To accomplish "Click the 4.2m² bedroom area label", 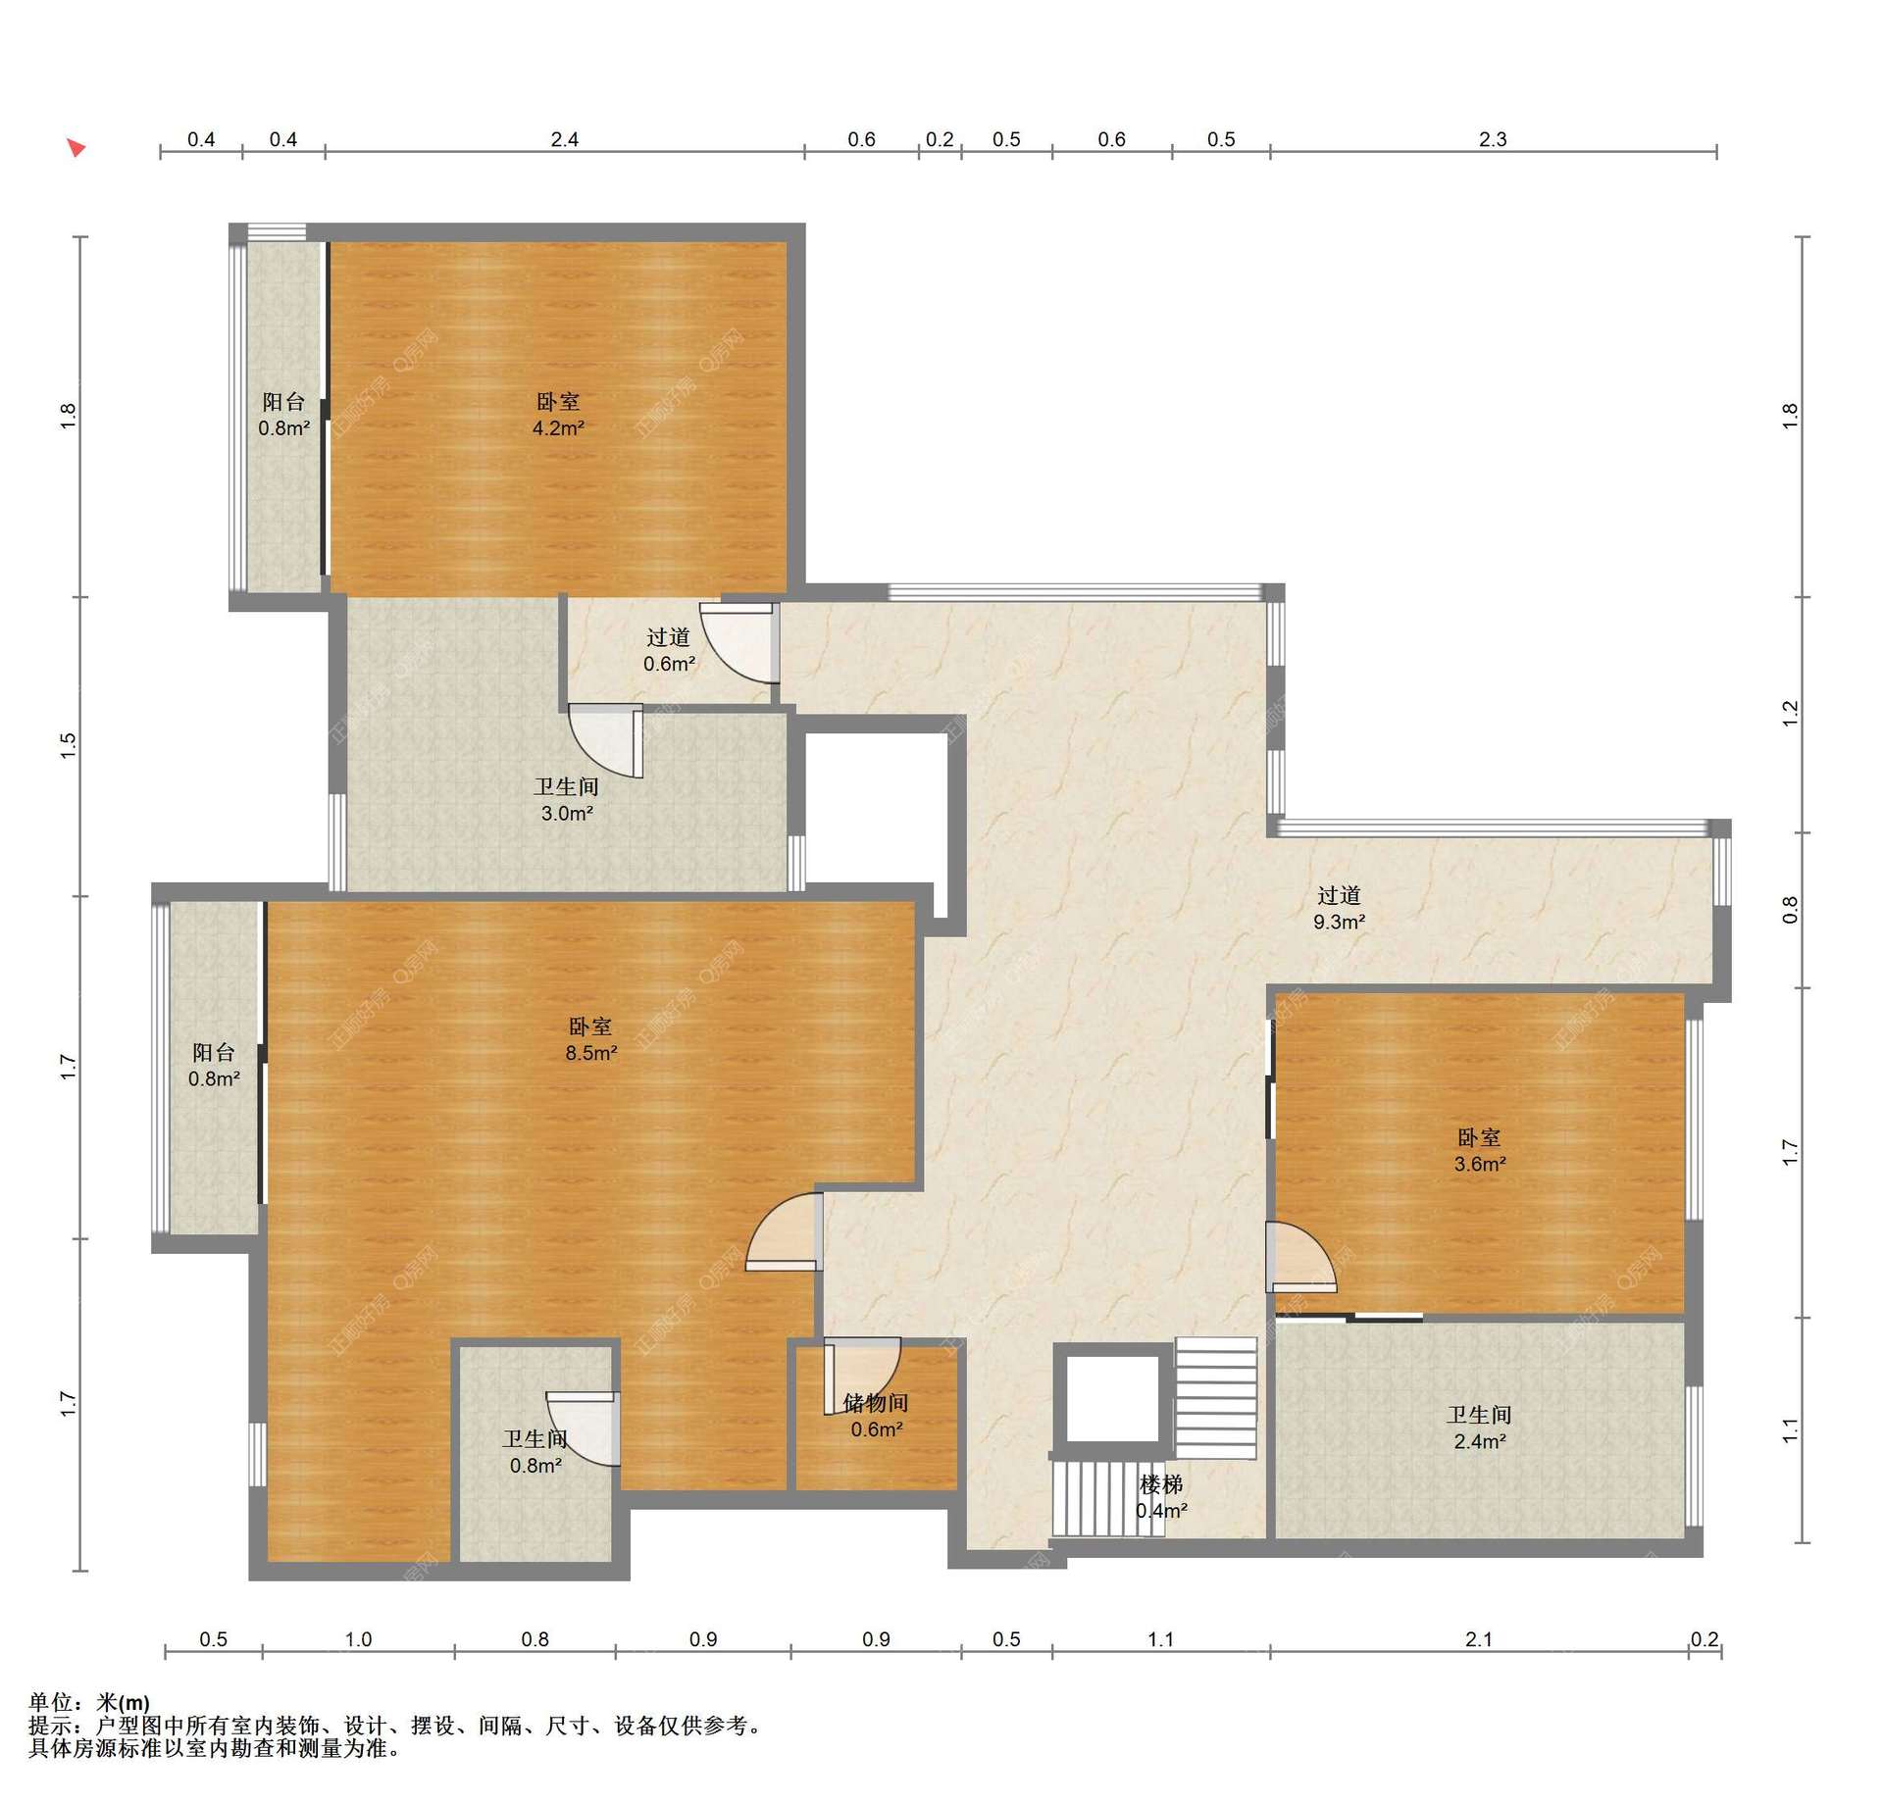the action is click(558, 428).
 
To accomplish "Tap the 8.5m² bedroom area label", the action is click(591, 1053).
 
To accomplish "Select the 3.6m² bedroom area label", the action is click(1480, 1164).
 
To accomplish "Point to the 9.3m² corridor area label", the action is click(1340, 922).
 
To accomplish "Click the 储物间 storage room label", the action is click(876, 1403).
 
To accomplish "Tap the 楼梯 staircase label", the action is click(1161, 1484).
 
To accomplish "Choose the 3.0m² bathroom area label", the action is click(567, 813).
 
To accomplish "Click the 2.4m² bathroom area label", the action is click(1480, 1441).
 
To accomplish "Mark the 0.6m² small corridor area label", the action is click(670, 664).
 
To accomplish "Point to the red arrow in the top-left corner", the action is click(76, 148).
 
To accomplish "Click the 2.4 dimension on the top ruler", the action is click(565, 139).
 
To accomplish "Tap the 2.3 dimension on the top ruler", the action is click(1493, 139).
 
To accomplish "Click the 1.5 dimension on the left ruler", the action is click(68, 746).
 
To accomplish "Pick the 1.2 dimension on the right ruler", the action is click(1791, 714).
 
